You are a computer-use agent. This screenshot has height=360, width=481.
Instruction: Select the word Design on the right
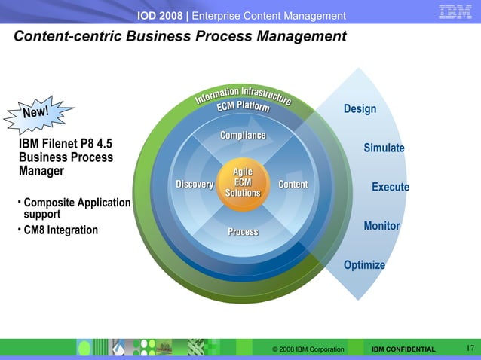[x=360, y=109]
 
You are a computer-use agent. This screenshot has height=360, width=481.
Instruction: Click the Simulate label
[x=384, y=148]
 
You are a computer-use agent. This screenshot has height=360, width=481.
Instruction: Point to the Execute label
[x=390, y=187]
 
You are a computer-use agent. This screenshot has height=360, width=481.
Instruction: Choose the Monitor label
[x=381, y=226]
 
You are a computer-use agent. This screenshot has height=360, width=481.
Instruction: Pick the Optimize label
[x=364, y=265]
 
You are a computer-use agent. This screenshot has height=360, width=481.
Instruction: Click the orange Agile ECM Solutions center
[x=242, y=182]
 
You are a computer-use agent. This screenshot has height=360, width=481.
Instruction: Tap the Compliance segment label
[x=242, y=135]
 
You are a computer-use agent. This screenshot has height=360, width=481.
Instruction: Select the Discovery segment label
[x=195, y=185]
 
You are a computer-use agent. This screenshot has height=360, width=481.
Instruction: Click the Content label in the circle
[x=293, y=185]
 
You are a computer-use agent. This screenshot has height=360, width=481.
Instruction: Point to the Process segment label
[x=243, y=231]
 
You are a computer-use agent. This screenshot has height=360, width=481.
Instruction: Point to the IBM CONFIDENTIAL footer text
[x=403, y=349]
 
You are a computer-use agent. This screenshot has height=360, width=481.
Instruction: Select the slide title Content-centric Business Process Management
[x=180, y=36]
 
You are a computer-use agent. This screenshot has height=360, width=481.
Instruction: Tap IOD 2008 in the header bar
[x=161, y=16]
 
